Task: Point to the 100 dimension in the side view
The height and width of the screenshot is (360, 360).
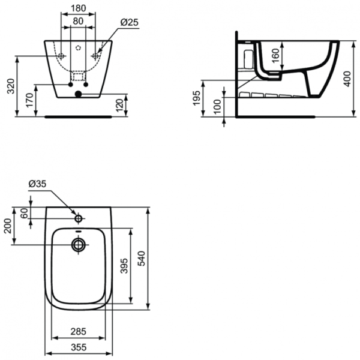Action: pyautogui.click(x=217, y=106)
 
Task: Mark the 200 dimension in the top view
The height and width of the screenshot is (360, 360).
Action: pyautogui.click(x=8, y=226)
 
